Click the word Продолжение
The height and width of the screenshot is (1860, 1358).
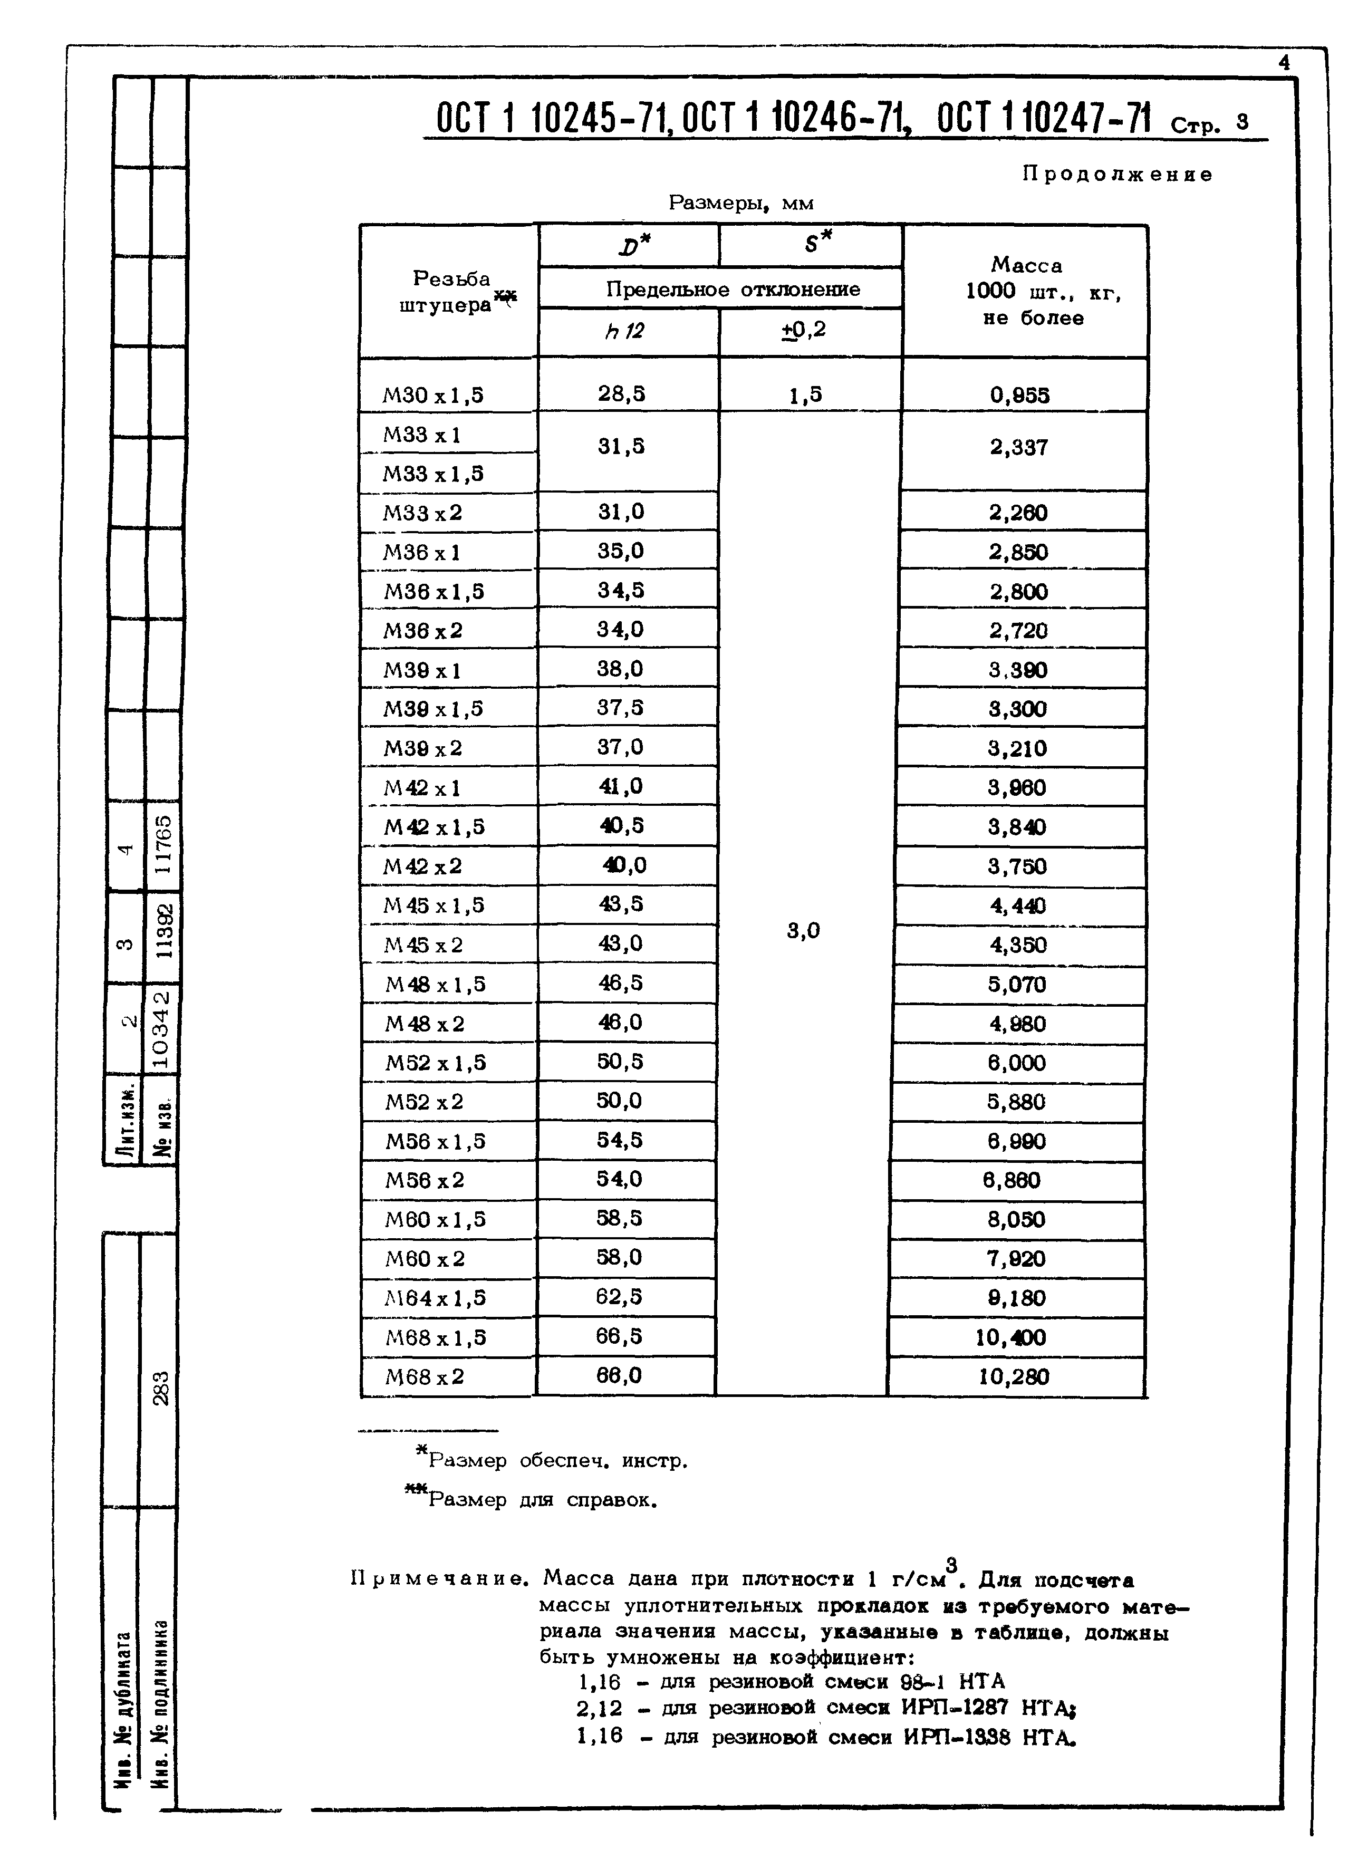point(1116,174)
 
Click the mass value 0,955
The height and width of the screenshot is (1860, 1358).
point(1019,396)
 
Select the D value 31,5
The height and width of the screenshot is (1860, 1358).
point(621,446)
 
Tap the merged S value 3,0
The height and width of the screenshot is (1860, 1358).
point(803,930)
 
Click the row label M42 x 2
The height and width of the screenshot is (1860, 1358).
point(423,866)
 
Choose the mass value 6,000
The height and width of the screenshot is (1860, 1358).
point(1016,1063)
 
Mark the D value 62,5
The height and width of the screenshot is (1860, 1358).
point(620,1297)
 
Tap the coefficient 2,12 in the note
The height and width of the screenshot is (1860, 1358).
point(599,1709)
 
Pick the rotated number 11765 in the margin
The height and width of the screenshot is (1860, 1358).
point(163,844)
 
